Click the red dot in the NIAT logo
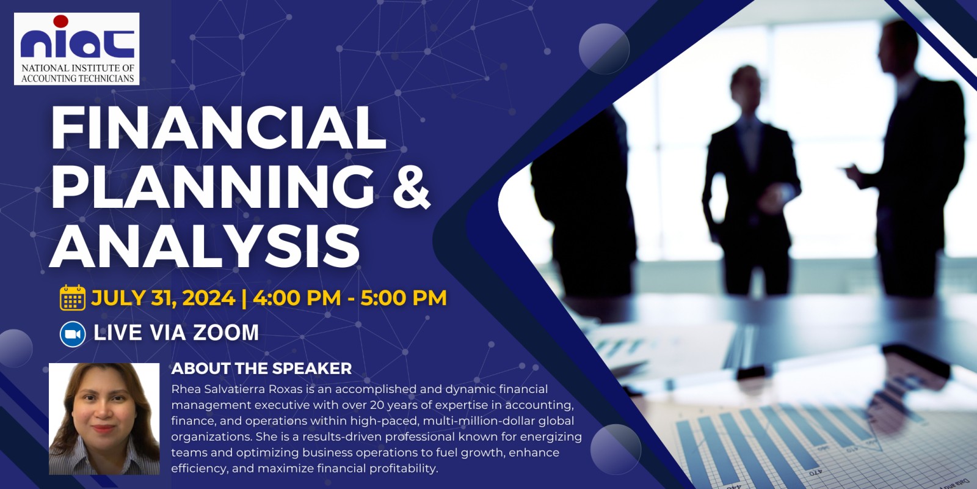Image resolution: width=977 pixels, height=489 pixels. [60, 21]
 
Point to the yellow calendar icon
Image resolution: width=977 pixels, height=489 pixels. [73, 298]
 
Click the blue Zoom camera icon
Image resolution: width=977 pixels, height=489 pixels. [73, 334]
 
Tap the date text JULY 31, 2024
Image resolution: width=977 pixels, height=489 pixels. [164, 298]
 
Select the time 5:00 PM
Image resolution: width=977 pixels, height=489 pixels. [404, 298]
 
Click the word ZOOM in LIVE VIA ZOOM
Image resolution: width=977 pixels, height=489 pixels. [226, 333]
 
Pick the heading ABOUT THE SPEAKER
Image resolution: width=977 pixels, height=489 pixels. [261, 369]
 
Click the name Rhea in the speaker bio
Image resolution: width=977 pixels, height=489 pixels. [184, 389]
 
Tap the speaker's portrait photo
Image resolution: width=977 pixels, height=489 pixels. [104, 419]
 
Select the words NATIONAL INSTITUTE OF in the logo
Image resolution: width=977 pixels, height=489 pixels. [78, 68]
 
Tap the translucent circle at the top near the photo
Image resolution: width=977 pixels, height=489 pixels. [604, 48]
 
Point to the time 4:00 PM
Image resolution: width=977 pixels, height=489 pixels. [297, 298]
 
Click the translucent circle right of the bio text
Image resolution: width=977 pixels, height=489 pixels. [616, 449]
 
